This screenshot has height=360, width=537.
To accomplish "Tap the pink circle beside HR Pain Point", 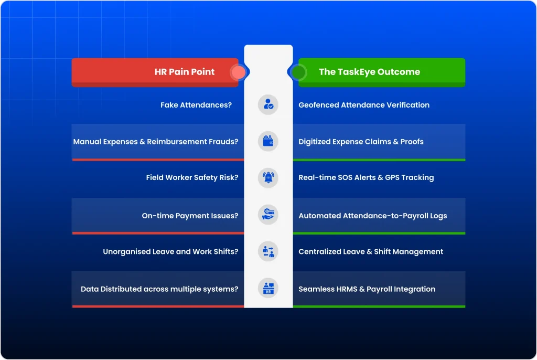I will (238, 72).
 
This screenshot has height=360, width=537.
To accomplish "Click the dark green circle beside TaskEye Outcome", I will (298, 72).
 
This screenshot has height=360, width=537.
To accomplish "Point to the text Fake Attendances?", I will (196, 105).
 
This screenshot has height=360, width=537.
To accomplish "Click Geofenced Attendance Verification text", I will (363, 105).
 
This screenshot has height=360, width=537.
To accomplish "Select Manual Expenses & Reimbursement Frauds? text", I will (155, 142).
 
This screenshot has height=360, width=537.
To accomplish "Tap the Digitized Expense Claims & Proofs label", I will (361, 142).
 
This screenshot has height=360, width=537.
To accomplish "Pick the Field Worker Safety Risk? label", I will (192, 178).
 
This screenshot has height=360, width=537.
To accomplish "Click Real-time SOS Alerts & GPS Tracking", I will (366, 178).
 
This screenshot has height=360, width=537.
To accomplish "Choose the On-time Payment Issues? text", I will (190, 216).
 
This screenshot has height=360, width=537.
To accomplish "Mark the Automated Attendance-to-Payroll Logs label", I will (372, 216).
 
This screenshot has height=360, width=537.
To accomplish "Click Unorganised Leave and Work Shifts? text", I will (170, 252).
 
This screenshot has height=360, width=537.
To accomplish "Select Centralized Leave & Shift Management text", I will (371, 252).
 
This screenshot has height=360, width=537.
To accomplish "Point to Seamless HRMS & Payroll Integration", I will (367, 289).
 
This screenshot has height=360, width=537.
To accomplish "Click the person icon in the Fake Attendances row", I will (268, 104).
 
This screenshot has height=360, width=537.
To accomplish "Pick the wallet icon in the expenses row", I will (268, 141).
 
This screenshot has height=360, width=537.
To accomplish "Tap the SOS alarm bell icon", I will (268, 177).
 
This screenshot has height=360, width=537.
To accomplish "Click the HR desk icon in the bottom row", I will (268, 288).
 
